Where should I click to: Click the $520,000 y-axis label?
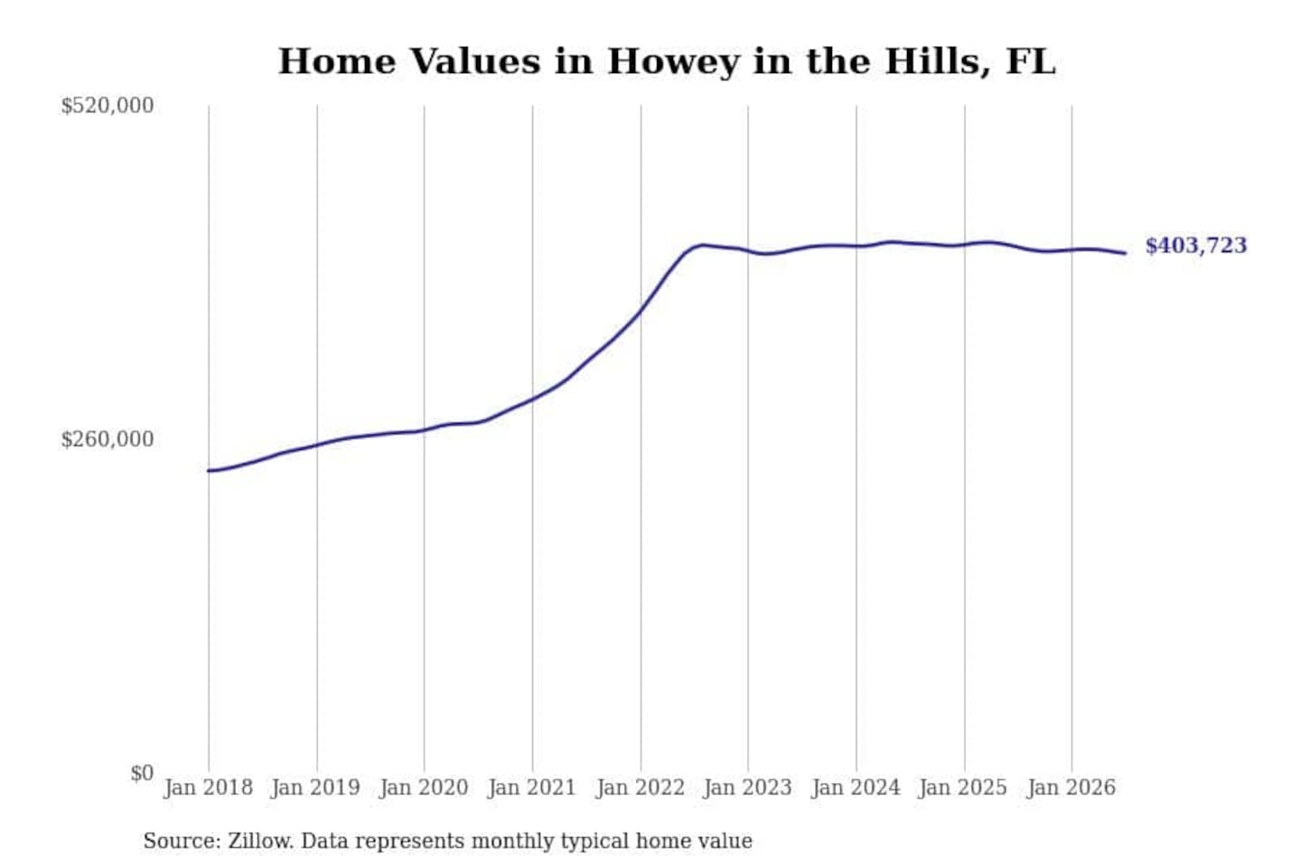pos(108,106)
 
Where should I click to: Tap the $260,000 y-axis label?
pos(108,440)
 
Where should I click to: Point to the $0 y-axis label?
pos(143,773)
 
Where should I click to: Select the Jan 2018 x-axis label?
pos(209,788)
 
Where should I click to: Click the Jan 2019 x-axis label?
pos(316,788)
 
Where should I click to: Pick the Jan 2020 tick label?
pos(424,788)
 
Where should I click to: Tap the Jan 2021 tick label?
pos(532,788)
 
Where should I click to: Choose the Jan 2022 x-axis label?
pos(641,788)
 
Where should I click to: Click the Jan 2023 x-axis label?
pos(747,788)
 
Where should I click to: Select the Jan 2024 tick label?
pos(856,788)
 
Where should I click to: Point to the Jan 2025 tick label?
pos(963,788)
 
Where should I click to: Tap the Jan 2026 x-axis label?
pos(1072,788)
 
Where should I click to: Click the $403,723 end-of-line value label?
pos(1196,246)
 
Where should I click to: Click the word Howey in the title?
pos(673,62)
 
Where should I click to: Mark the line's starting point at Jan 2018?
pos(209,471)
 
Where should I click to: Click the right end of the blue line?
pos(1126,253)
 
